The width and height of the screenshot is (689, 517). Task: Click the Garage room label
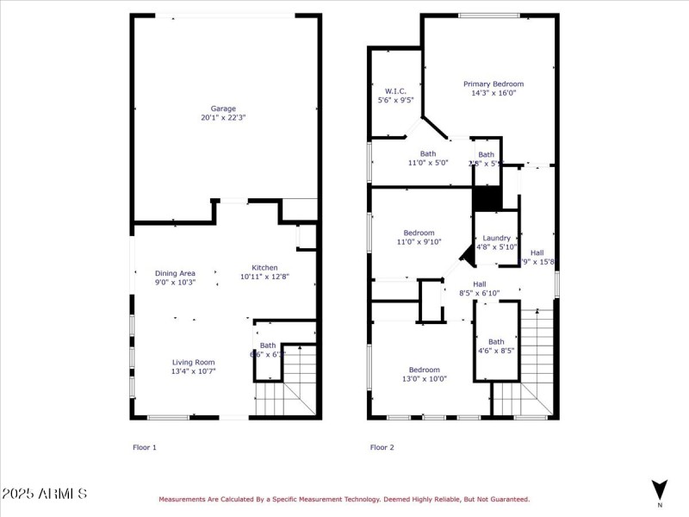pos(224,109)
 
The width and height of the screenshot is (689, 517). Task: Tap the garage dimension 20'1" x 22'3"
pos(224,117)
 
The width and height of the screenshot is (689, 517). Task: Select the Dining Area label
pos(175,273)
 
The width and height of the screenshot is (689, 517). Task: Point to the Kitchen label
pos(264,267)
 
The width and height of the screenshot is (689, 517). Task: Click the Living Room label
pos(169,362)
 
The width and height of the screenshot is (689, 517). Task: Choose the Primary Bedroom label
pos(493,84)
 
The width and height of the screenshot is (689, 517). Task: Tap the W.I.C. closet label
pos(395,90)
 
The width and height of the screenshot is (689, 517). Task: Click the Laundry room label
pos(497,238)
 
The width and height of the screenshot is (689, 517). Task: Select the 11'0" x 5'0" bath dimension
pos(428,162)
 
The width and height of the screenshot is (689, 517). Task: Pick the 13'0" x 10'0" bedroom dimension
pos(425,379)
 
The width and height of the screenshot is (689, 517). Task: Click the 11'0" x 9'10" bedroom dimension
pos(419,242)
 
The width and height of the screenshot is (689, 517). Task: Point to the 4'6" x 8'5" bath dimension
pos(496,351)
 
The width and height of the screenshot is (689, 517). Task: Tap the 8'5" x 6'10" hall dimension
pos(479,293)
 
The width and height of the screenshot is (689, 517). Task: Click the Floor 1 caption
pos(145,447)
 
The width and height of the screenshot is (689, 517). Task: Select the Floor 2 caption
pos(382,447)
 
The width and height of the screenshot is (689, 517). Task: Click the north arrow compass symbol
pos(660,489)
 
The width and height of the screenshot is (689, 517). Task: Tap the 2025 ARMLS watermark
pos(44,494)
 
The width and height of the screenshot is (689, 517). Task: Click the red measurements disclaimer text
pos(344,499)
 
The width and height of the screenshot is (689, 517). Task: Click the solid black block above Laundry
pos(487,198)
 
